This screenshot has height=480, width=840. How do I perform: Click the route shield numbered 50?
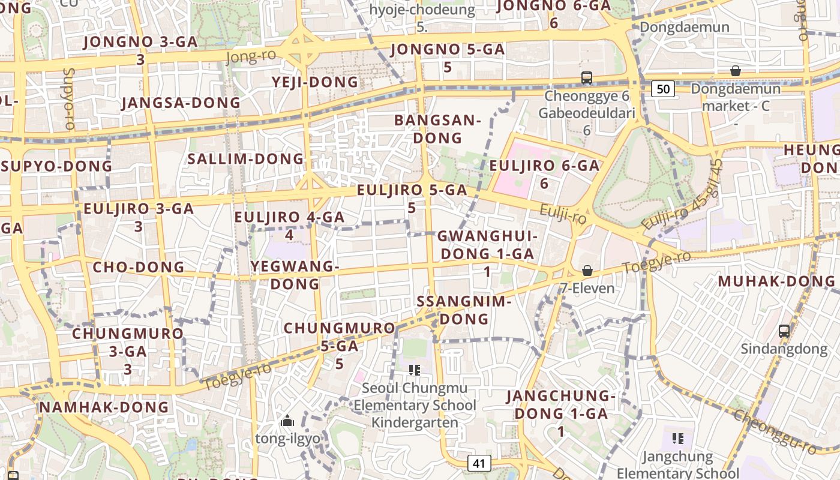click(663, 89)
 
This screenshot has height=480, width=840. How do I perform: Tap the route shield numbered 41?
click(478, 463)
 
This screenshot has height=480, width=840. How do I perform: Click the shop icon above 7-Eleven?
click(587, 271)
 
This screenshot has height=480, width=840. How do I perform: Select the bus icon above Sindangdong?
click(784, 331)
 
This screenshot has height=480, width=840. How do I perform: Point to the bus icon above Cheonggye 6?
click(587, 78)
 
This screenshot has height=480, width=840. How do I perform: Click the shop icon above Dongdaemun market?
click(736, 71)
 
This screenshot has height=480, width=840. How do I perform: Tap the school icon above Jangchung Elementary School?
click(678, 439)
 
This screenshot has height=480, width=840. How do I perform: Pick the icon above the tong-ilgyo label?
click(287, 421)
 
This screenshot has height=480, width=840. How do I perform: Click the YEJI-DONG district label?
click(315, 82)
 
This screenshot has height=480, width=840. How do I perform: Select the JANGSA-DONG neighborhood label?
click(181, 103)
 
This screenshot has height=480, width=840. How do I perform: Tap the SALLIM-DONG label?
click(246, 159)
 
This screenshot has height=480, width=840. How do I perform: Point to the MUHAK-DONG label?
click(776, 281)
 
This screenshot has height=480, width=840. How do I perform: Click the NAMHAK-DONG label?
click(104, 407)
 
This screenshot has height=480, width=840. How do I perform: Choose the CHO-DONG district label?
click(139, 267)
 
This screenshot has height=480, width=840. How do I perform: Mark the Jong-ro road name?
click(251, 57)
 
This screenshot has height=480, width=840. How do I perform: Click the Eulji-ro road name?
click(563, 214)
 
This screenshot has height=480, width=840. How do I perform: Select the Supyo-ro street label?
click(68, 100)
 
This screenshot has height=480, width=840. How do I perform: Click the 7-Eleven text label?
click(587, 289)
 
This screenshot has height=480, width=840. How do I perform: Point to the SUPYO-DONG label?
click(57, 166)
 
